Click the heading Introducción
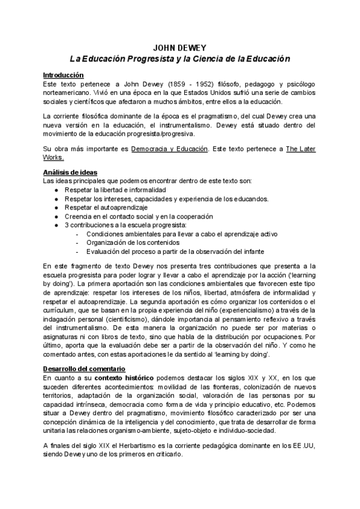[x=63, y=75]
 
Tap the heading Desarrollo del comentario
[x=84, y=368]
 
